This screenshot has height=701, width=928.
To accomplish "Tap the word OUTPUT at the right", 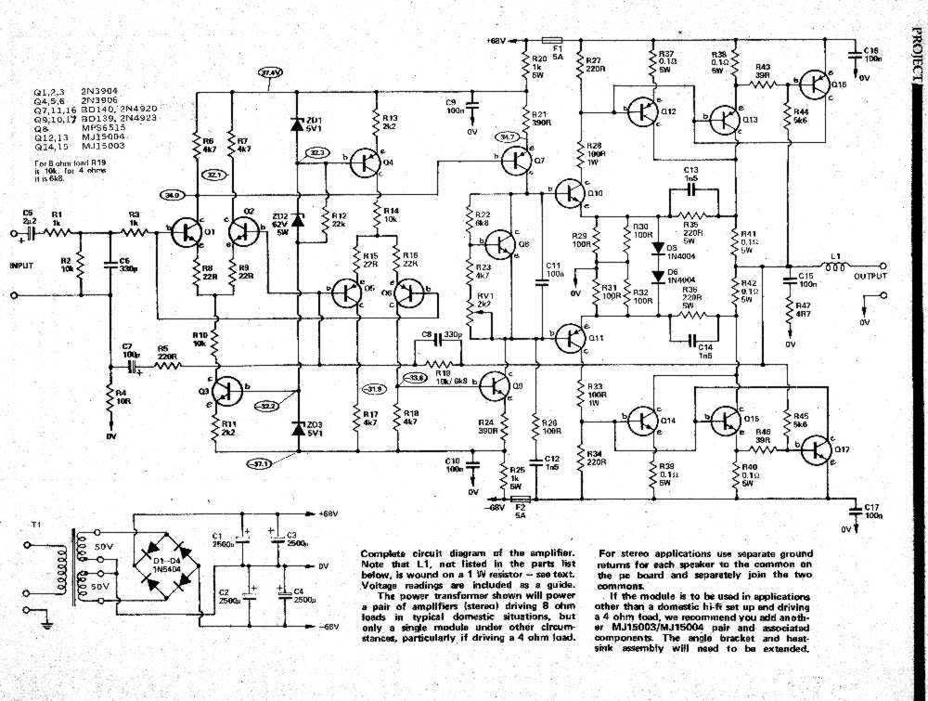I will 870,277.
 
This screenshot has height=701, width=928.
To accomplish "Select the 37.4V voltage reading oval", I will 270,72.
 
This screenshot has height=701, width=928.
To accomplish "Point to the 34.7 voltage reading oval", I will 509,136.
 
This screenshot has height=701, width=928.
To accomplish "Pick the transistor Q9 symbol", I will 499,382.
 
